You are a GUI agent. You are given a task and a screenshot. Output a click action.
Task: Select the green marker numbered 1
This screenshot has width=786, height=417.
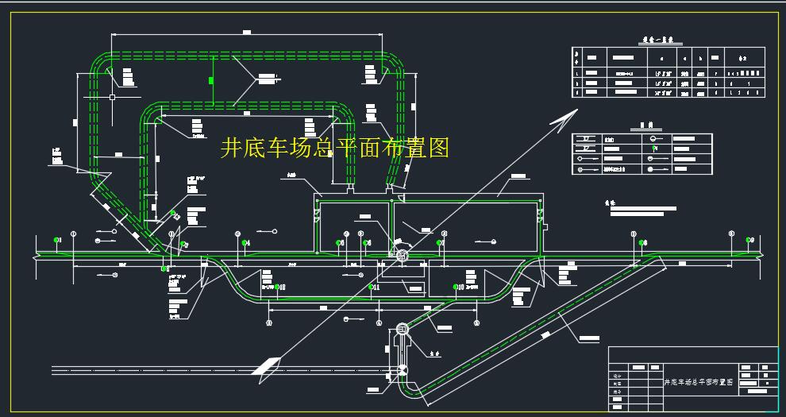56,240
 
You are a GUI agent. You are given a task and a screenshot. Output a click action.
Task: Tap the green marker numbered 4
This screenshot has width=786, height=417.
246,242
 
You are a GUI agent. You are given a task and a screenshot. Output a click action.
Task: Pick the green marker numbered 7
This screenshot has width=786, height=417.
437,241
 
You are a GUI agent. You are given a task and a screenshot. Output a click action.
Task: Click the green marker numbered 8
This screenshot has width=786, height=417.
643,242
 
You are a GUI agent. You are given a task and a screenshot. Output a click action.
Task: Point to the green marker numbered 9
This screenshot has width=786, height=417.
748,240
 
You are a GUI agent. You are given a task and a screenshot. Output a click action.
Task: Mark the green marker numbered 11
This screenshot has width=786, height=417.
371,287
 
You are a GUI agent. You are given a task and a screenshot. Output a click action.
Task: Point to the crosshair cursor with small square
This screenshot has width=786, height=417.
113,97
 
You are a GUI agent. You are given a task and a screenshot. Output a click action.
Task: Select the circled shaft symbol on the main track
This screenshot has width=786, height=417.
402,256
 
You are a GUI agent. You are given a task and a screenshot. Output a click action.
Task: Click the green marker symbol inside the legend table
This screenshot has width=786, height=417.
653,147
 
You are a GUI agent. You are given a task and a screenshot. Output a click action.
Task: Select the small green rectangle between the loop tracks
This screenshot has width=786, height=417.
211,80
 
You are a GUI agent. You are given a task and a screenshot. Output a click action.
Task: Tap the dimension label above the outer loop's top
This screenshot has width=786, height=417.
246,33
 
